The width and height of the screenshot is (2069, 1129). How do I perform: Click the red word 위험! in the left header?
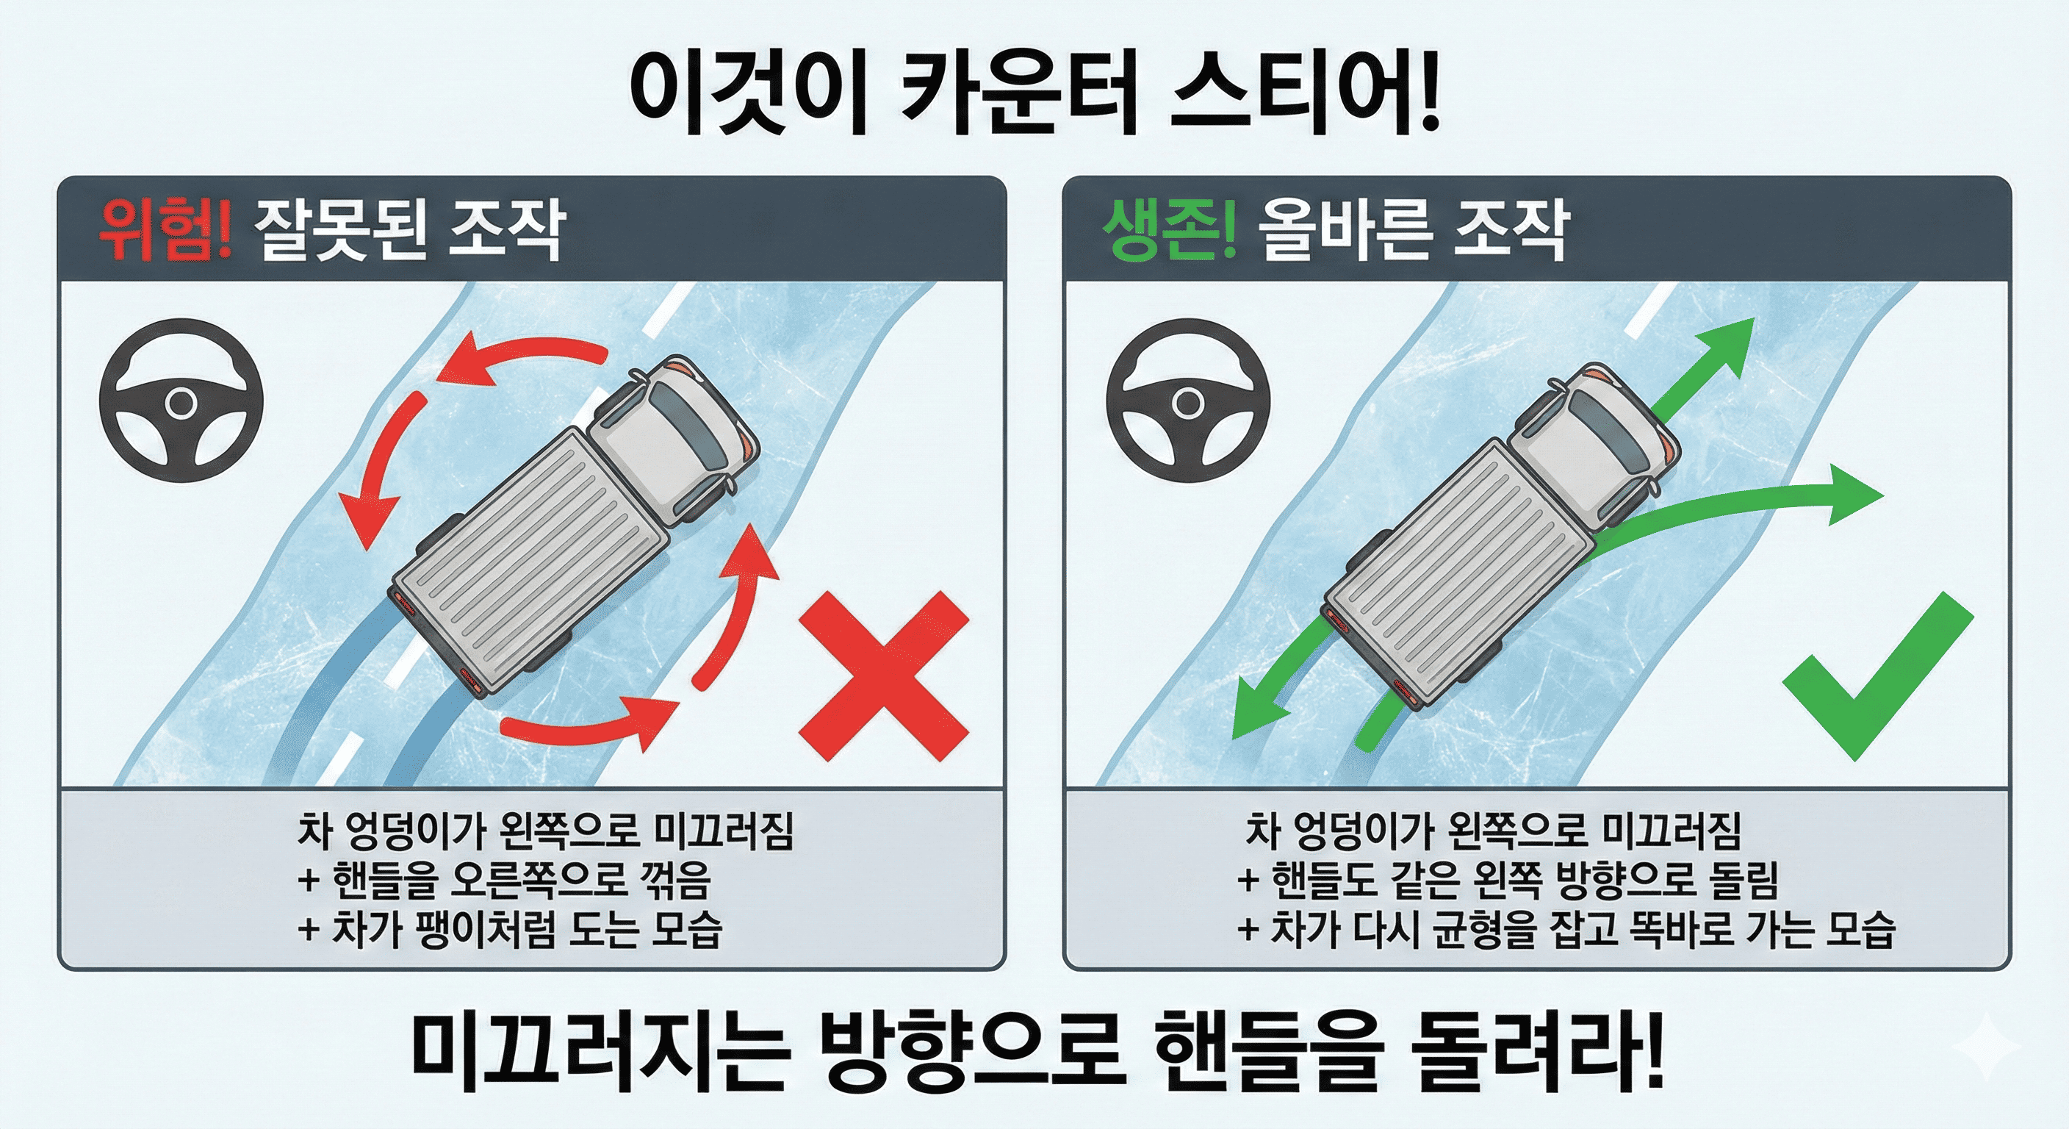click(x=165, y=231)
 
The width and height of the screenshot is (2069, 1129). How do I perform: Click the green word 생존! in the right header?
click(x=1169, y=231)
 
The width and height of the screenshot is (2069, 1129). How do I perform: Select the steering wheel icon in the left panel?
click(x=181, y=401)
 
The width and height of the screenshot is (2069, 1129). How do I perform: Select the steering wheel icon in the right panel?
click(x=1188, y=401)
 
